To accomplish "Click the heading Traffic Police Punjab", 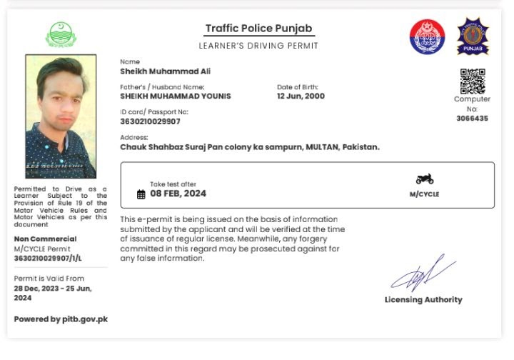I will pyautogui.click(x=258, y=29).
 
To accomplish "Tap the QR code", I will pyautogui.click(x=472, y=81).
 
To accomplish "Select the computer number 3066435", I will pyautogui.click(x=472, y=119).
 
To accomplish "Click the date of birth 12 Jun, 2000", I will pyautogui.click(x=301, y=96).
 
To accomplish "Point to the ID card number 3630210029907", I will pyautogui.click(x=150, y=121).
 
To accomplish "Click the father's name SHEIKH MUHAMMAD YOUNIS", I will pyautogui.click(x=175, y=96).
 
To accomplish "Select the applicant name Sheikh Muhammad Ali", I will pyautogui.click(x=165, y=71).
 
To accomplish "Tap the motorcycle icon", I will pyautogui.click(x=424, y=179).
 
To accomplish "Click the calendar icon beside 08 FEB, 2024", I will pyautogui.click(x=141, y=194).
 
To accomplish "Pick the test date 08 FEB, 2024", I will pyautogui.click(x=178, y=194).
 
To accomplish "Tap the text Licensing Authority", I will pyautogui.click(x=423, y=300).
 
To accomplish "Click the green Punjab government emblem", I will pyautogui.click(x=60, y=34).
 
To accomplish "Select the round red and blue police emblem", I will pyautogui.click(x=427, y=36).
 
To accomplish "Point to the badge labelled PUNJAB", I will pyautogui.click(x=472, y=36).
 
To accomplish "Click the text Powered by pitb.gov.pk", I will pyautogui.click(x=61, y=319).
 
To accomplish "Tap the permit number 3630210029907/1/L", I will pyautogui.click(x=48, y=258).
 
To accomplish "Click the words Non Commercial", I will pyautogui.click(x=45, y=239).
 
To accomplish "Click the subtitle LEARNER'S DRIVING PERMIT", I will pyautogui.click(x=258, y=46).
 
